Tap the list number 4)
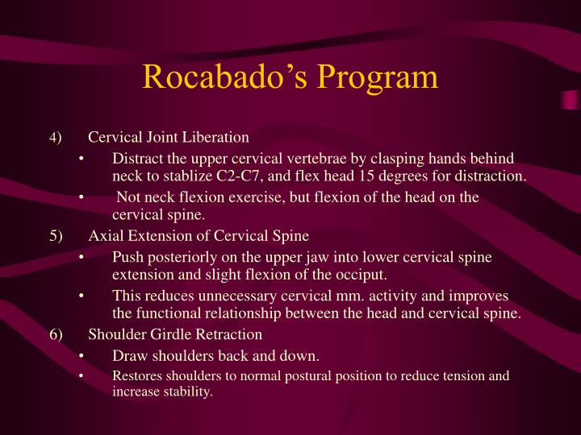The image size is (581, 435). [x=54, y=139]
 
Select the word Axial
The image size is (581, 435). [x=105, y=236]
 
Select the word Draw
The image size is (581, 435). [x=129, y=356]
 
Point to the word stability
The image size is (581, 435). [x=186, y=392]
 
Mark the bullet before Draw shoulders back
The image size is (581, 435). [x=83, y=356]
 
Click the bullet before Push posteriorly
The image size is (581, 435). [x=83, y=258]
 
